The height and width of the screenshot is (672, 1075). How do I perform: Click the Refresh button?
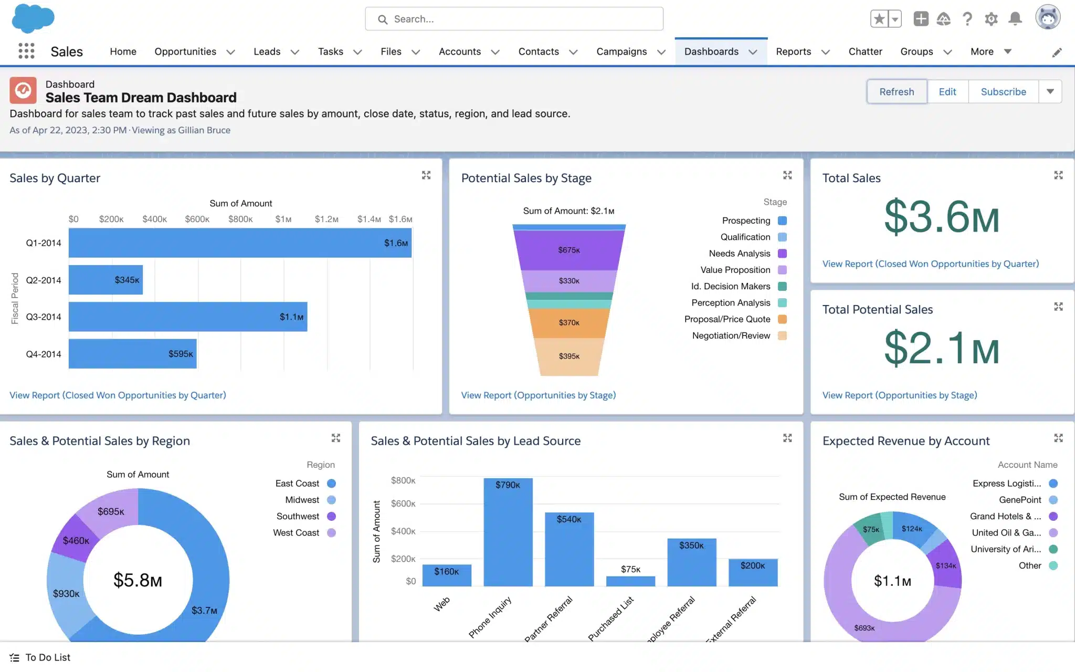[897, 92]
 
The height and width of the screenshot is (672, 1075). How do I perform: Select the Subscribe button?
[1003, 92]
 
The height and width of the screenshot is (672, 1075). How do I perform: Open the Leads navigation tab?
[267, 51]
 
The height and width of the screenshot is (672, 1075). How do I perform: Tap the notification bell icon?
[1015, 19]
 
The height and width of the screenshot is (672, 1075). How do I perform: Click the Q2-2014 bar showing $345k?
[105, 280]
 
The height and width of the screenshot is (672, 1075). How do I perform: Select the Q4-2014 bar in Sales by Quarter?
[132, 354]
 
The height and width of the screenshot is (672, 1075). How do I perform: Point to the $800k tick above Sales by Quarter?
[240, 219]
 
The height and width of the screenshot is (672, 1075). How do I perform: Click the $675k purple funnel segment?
[569, 250]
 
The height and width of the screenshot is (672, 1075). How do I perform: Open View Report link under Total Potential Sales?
[899, 395]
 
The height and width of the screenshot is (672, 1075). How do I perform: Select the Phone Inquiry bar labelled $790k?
[508, 533]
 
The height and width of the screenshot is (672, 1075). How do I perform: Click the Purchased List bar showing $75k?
[630, 581]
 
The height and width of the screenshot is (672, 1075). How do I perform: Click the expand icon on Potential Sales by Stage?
[787, 175]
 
